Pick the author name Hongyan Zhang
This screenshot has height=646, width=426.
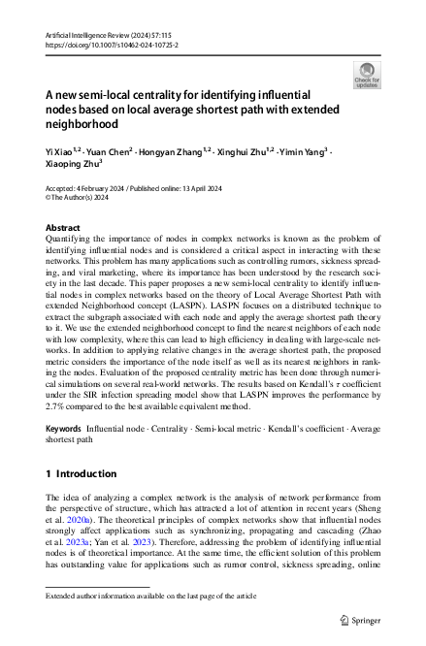(x=173, y=153)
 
